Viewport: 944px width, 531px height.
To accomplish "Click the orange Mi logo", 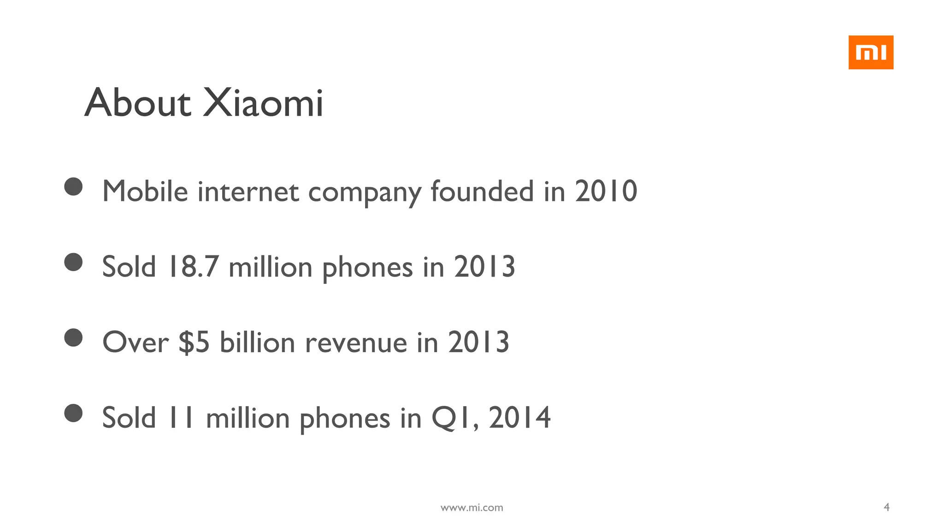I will (x=871, y=53).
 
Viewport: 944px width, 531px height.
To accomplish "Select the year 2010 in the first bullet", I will (x=606, y=191).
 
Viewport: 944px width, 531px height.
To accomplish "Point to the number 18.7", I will (x=193, y=266).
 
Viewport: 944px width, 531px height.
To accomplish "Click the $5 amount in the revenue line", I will (x=194, y=342).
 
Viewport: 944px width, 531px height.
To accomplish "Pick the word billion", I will (x=257, y=343).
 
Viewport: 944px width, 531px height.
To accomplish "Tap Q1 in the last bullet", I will (x=452, y=418).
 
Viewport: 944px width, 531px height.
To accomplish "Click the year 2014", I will (x=519, y=418).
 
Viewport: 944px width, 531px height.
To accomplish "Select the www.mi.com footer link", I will (x=472, y=507).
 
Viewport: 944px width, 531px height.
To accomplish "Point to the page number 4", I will (x=886, y=507).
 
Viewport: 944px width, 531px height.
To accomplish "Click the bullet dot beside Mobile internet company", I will (x=73, y=187).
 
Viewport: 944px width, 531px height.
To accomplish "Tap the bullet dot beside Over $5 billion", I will (x=73, y=337).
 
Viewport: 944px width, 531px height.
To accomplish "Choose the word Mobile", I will (x=145, y=191).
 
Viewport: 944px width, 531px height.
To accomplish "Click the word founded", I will (x=482, y=191).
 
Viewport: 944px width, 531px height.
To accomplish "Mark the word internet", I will (x=248, y=192).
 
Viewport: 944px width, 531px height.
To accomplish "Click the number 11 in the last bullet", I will (x=180, y=418).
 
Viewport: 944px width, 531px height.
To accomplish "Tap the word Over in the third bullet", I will (x=136, y=343).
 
